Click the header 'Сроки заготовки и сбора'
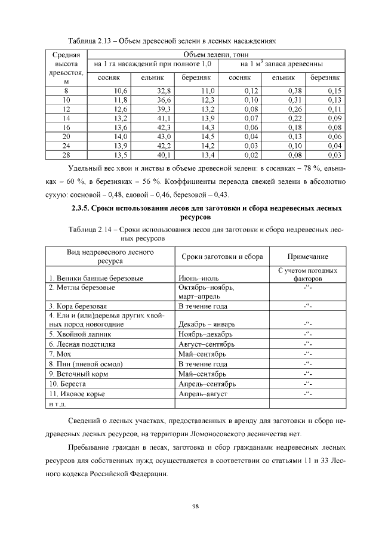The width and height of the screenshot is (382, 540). click(221, 257)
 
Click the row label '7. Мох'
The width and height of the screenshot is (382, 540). click(61, 354)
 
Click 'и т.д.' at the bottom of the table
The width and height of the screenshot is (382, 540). click(57, 404)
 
